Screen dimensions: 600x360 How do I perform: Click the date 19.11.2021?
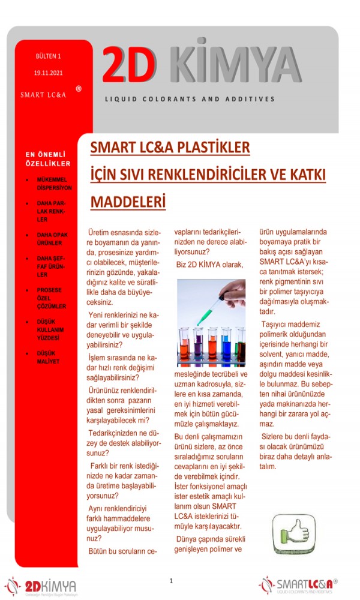coord(48,73)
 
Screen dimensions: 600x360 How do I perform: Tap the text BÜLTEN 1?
coord(48,56)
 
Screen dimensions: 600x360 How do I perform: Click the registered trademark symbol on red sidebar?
coord(79,89)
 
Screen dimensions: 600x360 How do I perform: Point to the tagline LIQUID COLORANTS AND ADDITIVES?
coord(190,99)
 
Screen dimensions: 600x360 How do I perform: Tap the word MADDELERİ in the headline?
coord(128,202)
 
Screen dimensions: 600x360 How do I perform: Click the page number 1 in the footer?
coord(171,581)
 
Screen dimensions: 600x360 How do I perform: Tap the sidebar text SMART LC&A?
coord(43,95)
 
